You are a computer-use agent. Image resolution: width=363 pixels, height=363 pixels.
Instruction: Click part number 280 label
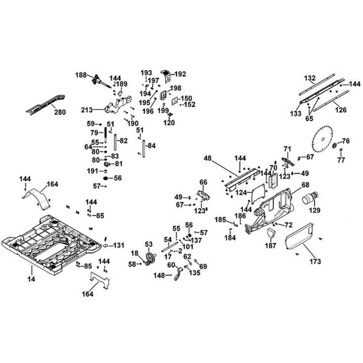tap(60, 112)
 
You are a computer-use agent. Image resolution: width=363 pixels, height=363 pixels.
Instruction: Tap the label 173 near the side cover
tap(315, 261)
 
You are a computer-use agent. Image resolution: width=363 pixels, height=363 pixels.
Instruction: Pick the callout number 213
tap(87, 109)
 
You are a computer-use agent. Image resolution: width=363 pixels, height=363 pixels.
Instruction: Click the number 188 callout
tap(81, 75)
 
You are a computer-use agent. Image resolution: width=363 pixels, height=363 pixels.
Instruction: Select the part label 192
tap(180, 74)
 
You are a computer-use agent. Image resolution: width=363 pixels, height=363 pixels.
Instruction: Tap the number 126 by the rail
tap(340, 109)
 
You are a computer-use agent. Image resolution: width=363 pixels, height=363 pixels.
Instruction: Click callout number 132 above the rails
tap(310, 78)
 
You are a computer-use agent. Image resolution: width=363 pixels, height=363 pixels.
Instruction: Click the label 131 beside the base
tap(118, 245)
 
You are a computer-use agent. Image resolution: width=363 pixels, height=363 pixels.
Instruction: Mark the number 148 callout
tap(159, 276)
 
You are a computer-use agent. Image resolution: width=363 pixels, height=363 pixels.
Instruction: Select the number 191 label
tap(92, 171)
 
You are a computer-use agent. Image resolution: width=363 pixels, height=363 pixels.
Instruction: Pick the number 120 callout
tap(169, 123)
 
